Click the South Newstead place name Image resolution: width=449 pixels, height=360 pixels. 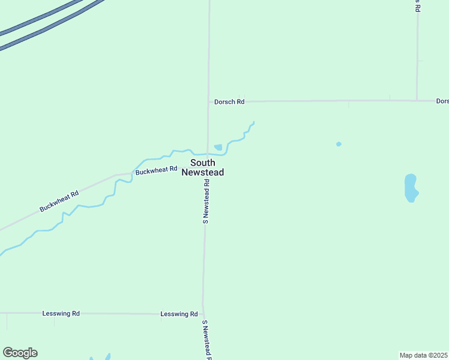202,167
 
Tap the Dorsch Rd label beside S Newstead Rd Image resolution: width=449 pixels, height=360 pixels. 229,102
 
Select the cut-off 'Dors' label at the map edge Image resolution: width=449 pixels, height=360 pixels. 442,101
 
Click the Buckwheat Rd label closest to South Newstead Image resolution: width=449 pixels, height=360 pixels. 157,171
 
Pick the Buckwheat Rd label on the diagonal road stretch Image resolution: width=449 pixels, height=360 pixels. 59,202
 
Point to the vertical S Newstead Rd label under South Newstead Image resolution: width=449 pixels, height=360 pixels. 206,201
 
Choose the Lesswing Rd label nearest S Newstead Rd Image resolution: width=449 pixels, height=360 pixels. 179,314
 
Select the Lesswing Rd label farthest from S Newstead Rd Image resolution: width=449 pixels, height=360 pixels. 61,313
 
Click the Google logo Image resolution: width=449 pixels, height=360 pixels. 20,353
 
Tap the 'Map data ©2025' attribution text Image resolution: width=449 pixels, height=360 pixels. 424,355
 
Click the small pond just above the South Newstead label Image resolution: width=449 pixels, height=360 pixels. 218,147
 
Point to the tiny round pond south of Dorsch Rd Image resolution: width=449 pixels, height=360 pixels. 339,144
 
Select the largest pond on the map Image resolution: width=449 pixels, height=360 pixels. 411,188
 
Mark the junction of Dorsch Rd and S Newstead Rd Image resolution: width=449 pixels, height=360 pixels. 208,101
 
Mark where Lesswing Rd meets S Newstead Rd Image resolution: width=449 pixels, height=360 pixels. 203,314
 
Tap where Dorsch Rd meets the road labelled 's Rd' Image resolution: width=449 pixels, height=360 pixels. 417,100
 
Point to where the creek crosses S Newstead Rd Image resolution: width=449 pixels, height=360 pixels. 208,154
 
